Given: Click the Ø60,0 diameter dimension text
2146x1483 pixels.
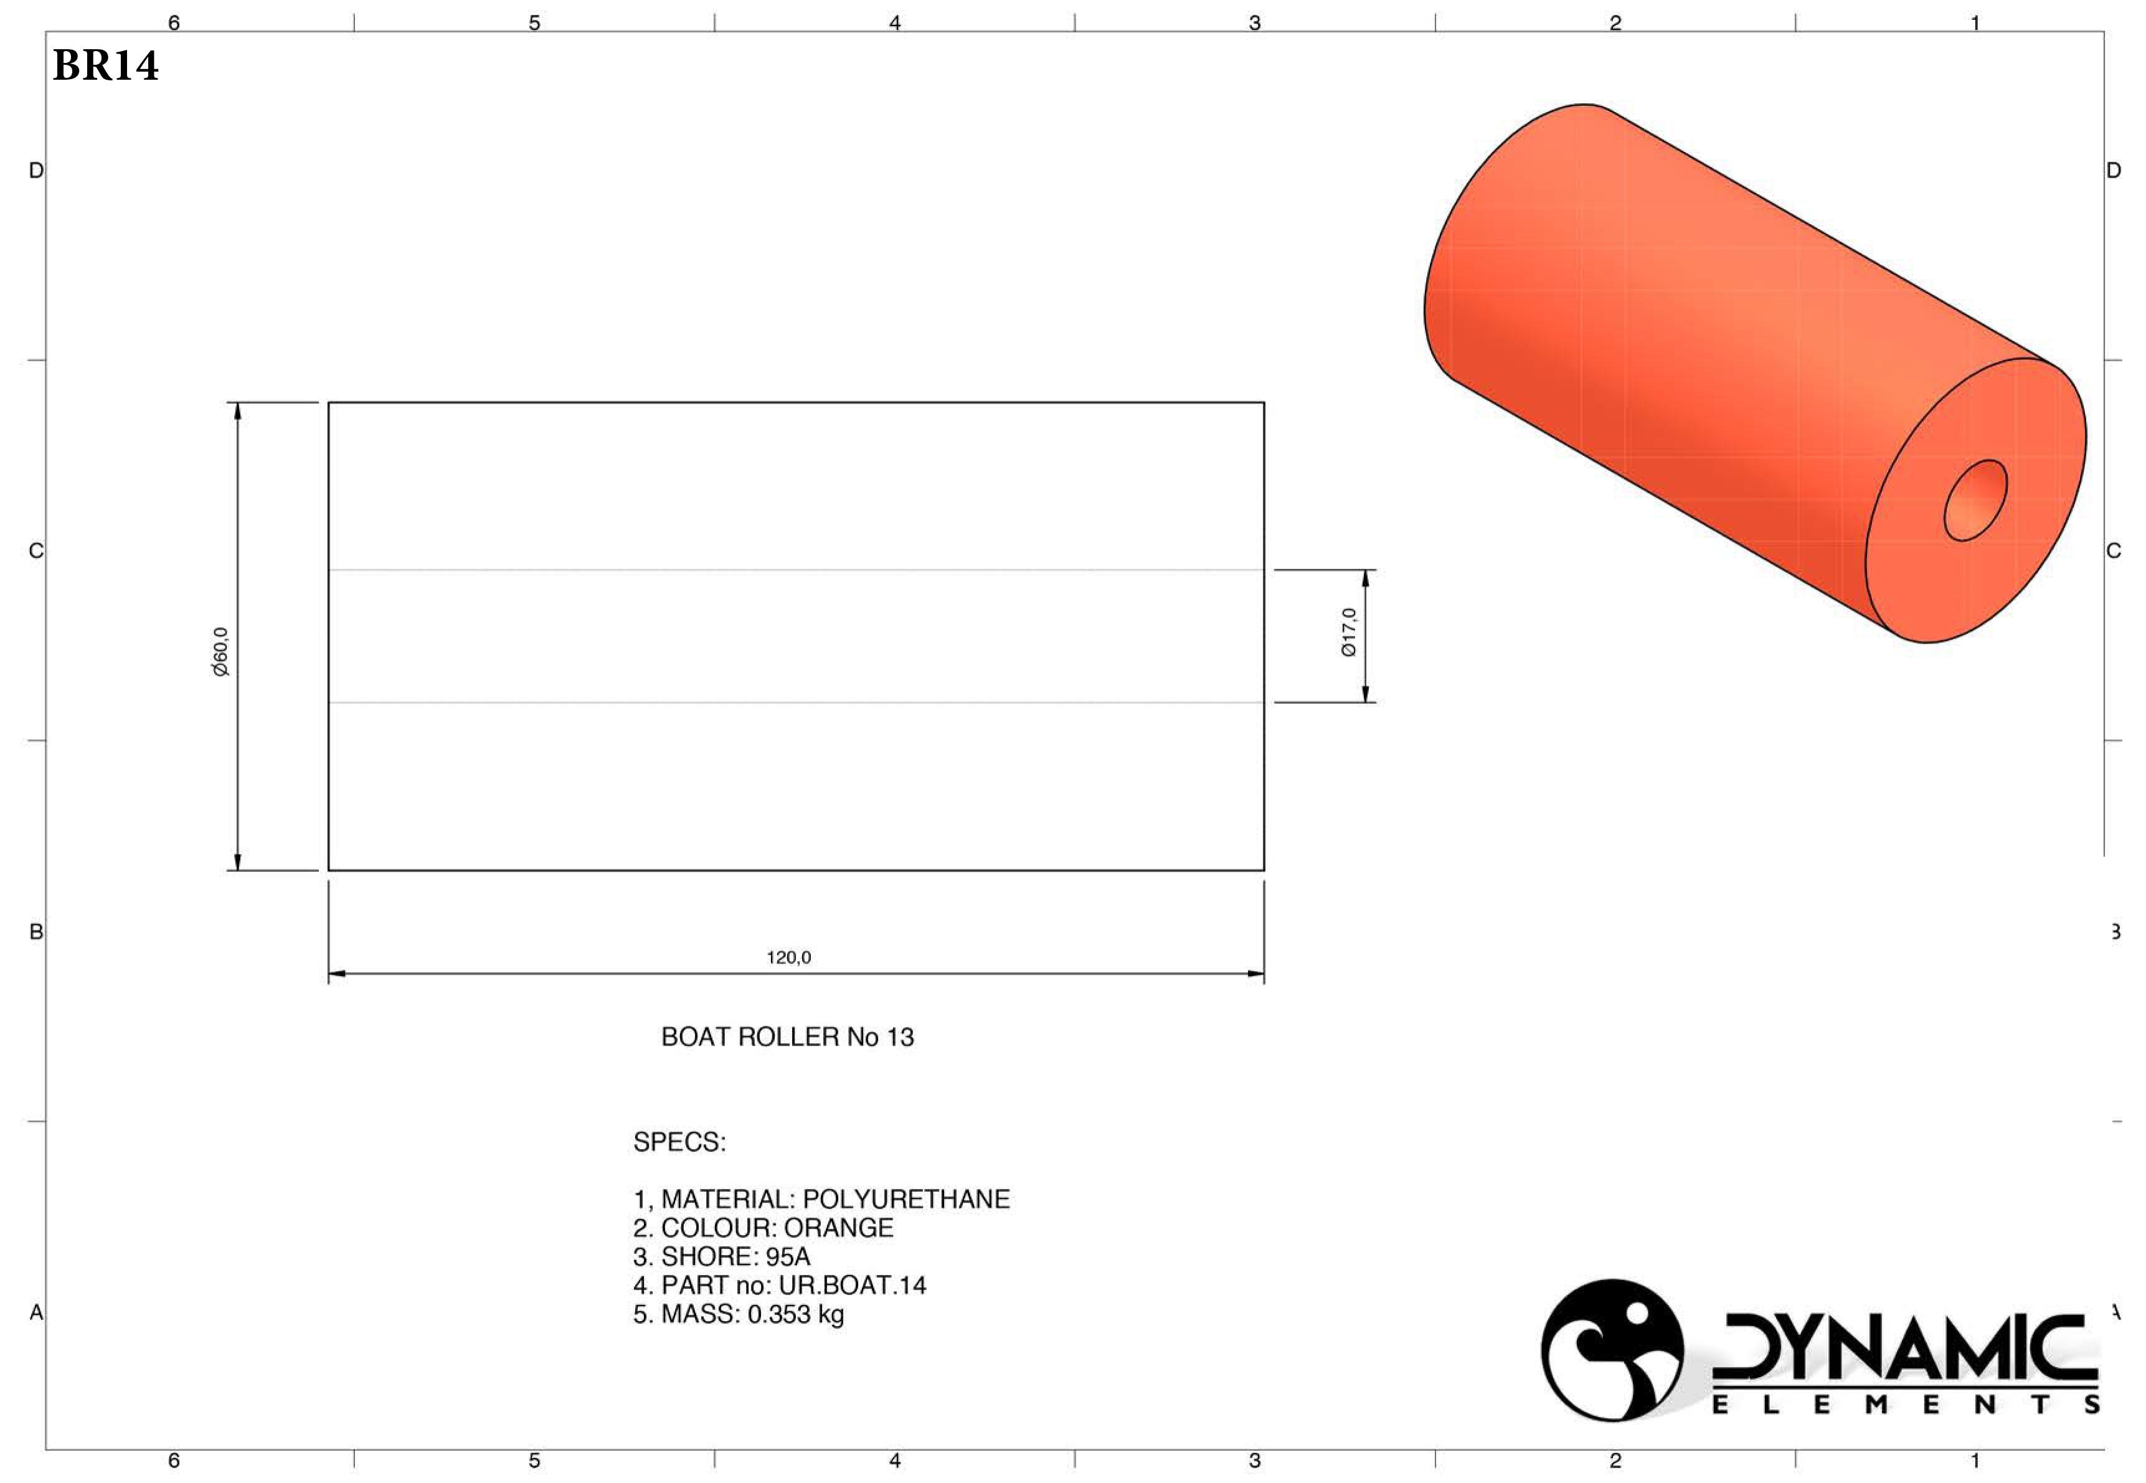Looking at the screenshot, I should coord(221,651).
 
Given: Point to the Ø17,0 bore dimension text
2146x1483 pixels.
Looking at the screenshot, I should coord(1349,633).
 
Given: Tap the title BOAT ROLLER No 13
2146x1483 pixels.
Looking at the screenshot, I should coord(787,1037).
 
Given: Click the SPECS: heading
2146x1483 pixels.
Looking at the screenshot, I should coord(679,1142).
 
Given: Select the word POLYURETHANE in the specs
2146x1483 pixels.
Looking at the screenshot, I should coord(905,1198).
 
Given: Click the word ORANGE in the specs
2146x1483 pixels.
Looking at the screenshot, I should coord(838,1228).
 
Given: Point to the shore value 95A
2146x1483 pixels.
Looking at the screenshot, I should coord(788,1256).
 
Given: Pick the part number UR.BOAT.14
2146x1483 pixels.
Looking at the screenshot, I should coord(852,1285).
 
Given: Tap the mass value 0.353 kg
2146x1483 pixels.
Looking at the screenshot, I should coord(795,1314).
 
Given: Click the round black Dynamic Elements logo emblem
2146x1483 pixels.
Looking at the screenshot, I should coord(1612,1350).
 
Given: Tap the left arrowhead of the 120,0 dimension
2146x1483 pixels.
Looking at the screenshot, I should coord(336,974).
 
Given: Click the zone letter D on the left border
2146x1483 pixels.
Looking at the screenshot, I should coord(36,170).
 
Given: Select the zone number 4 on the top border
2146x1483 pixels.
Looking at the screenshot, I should coord(895,22).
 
